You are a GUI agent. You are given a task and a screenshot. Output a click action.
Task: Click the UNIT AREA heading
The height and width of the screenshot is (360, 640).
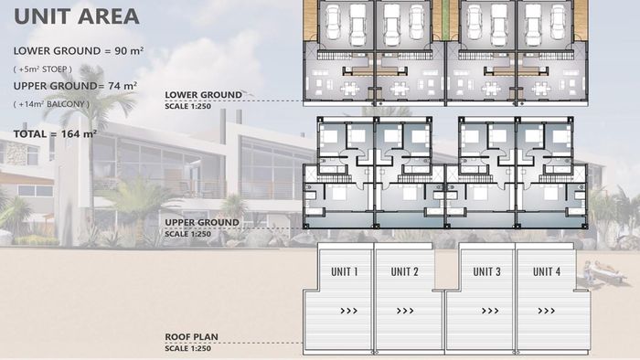point(77,16)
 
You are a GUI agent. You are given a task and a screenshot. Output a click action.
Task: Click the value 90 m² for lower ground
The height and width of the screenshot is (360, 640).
point(129,51)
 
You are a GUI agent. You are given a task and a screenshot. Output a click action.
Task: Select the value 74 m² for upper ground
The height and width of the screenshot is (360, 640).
point(123,86)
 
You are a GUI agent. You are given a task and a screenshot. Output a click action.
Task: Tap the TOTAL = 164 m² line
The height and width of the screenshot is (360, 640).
point(55,133)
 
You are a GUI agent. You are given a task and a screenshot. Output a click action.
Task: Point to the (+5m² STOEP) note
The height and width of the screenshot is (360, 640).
point(43,69)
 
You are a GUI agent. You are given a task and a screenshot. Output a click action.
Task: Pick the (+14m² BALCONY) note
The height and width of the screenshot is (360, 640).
point(51,104)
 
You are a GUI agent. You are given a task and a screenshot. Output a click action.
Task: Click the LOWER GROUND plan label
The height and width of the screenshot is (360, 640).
point(203,95)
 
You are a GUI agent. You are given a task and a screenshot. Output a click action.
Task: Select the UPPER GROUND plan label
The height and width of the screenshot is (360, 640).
point(202,223)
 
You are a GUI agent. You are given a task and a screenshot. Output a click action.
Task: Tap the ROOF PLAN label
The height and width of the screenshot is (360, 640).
point(191,337)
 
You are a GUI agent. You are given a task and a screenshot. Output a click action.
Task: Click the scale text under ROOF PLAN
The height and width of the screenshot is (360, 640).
point(188,349)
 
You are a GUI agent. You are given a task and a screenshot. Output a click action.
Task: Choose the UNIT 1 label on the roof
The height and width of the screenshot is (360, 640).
point(345,271)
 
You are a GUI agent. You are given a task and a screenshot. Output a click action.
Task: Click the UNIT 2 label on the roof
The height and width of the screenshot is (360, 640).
point(404,271)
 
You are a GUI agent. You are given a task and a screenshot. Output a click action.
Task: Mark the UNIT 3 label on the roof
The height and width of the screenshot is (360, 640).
point(486,271)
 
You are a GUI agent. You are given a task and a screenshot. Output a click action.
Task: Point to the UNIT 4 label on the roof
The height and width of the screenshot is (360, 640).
point(547,271)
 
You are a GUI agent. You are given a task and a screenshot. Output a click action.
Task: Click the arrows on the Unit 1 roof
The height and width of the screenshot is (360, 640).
point(349,311)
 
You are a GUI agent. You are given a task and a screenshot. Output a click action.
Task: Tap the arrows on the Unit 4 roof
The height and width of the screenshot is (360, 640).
point(547,311)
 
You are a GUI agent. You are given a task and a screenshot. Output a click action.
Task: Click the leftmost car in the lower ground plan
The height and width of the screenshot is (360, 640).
point(333,23)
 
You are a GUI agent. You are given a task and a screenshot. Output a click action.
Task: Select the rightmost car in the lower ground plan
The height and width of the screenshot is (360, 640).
point(558,23)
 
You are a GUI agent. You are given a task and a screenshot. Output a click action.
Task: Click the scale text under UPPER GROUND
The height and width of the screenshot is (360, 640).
point(188,234)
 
